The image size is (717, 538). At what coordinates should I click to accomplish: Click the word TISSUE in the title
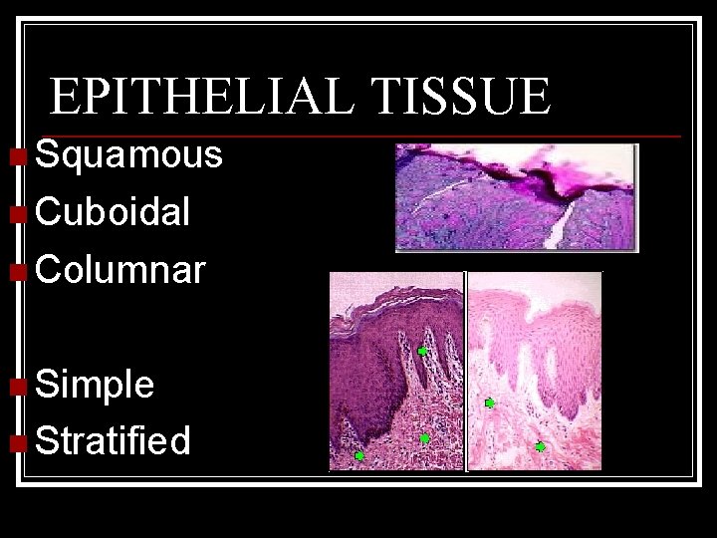click(460, 97)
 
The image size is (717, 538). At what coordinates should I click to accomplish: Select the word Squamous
click(128, 155)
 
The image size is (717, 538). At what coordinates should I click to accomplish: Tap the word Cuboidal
click(113, 212)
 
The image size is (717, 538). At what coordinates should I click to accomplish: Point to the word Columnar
click(120, 269)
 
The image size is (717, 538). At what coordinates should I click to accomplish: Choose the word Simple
click(95, 385)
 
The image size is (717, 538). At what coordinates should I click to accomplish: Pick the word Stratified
click(113, 440)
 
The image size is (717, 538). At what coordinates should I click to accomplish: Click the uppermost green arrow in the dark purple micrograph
click(422, 352)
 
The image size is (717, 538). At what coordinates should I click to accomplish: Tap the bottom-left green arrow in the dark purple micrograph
click(359, 456)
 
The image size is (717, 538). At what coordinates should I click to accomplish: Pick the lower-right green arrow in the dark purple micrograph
click(424, 438)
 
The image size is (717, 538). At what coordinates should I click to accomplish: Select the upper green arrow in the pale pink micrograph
click(489, 403)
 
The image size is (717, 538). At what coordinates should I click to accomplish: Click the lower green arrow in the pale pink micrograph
click(540, 447)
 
